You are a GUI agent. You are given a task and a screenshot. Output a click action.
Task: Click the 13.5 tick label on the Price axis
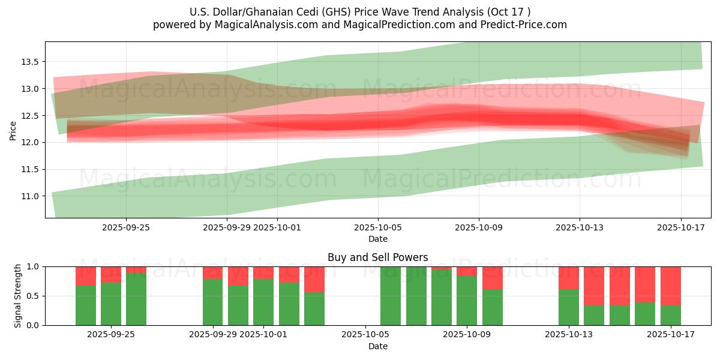pyautogui.click(x=30, y=62)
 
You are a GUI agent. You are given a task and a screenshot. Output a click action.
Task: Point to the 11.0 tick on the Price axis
pyautogui.click(x=30, y=196)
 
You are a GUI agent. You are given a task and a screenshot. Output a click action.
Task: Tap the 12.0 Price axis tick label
pyautogui.click(x=30, y=142)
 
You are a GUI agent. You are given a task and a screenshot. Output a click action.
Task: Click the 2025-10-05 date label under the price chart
pyautogui.click(x=378, y=227)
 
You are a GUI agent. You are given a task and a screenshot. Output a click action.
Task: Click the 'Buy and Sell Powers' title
pyautogui.click(x=377, y=257)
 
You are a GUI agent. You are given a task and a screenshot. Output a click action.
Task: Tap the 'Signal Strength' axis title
pyautogui.click(x=18, y=296)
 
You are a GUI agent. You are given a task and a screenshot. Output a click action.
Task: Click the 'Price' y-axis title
pyautogui.click(x=13, y=130)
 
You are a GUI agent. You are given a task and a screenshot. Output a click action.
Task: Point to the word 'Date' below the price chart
pyautogui.click(x=378, y=239)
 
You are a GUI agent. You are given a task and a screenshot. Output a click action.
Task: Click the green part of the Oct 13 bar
pyautogui.click(x=569, y=307)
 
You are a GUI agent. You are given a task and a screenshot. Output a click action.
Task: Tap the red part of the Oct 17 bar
pyautogui.click(x=670, y=286)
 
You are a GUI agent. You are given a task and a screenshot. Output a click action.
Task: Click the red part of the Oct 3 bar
pyautogui.click(x=314, y=279)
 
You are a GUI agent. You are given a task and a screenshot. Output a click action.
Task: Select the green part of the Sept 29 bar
pyautogui.click(x=213, y=302)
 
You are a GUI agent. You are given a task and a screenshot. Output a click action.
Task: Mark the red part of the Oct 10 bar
pyautogui.click(x=493, y=278)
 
